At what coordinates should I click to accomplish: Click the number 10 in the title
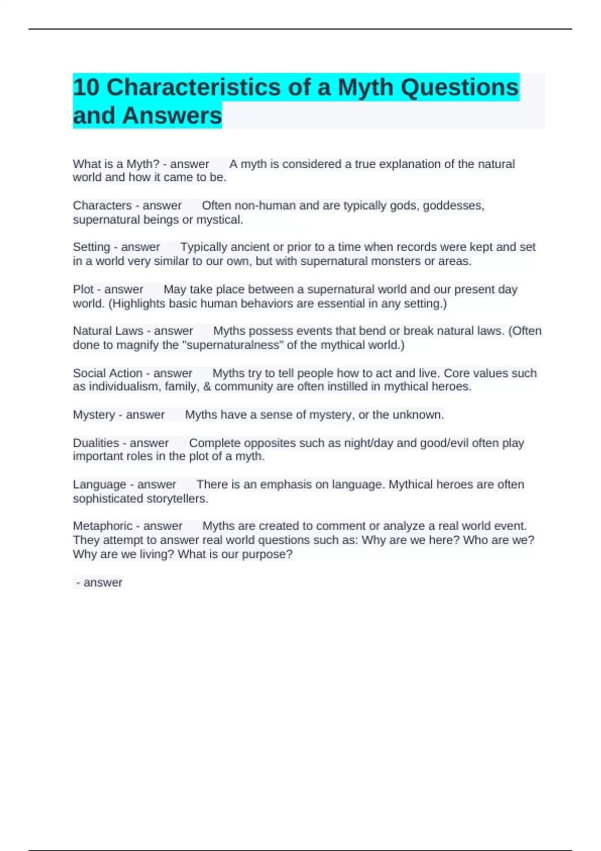86,87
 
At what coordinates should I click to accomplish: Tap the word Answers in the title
171,116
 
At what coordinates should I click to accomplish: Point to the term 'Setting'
91,247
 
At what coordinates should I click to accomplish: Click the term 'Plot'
83,289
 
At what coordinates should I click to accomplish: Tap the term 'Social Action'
107,373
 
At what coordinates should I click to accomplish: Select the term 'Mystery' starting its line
94,414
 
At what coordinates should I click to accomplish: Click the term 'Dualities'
96,443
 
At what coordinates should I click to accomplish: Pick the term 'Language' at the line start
99,485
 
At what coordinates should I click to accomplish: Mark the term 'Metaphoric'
102,526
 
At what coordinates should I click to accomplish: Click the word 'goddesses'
453,206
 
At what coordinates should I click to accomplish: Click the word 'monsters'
395,261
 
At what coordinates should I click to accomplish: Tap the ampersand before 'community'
207,386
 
